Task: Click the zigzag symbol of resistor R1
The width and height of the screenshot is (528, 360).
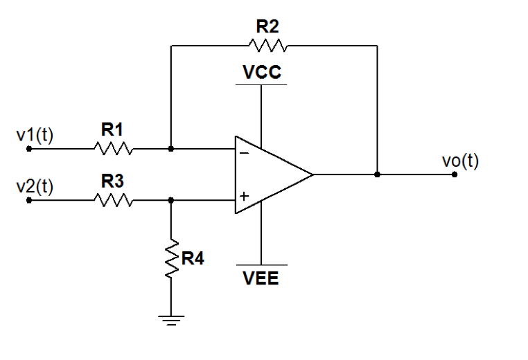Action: (114, 148)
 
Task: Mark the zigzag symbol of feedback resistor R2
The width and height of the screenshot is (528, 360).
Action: (267, 46)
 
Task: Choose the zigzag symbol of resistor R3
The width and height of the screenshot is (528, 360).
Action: (114, 201)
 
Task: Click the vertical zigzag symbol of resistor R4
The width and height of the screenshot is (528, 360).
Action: (171, 258)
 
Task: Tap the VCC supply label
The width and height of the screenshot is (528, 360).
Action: (261, 73)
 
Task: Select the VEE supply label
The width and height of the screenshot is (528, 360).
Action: (261, 280)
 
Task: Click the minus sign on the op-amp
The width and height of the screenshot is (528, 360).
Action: (244, 153)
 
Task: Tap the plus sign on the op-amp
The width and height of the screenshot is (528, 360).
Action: (244, 197)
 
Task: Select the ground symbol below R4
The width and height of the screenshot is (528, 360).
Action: (171, 319)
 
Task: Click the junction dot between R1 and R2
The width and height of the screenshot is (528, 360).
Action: (171, 148)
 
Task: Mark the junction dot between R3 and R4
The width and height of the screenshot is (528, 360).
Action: (171, 201)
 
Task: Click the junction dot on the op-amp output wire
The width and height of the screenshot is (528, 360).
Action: (377, 174)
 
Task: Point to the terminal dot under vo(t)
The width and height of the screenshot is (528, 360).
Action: (455, 174)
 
